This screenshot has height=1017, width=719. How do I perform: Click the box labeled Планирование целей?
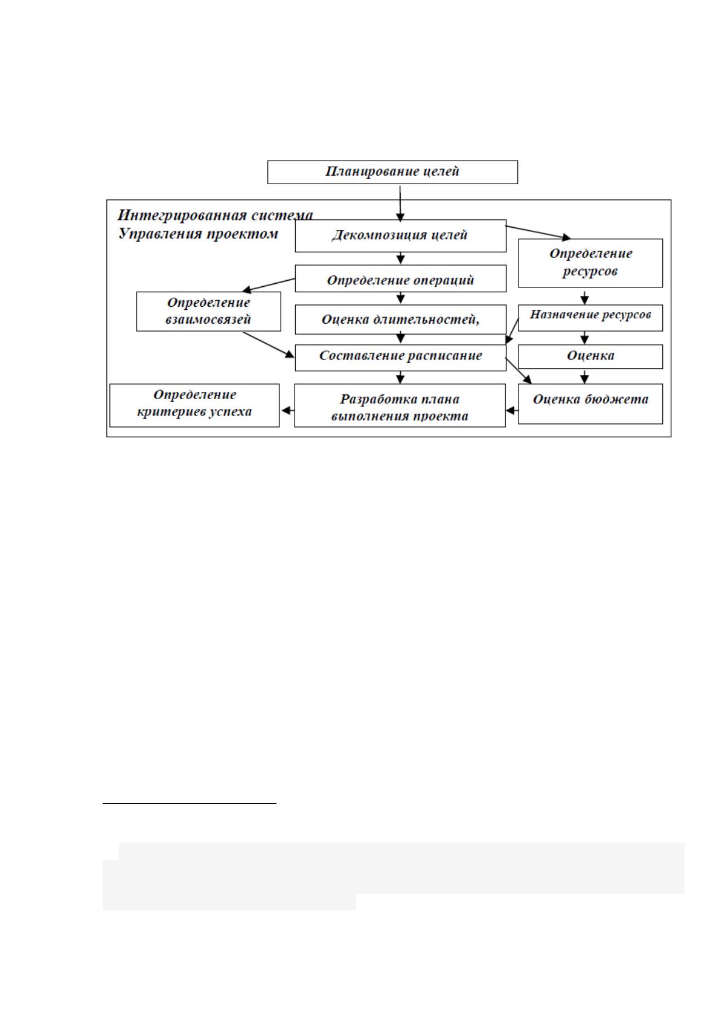click(x=392, y=172)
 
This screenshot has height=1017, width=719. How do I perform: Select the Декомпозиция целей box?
click(x=400, y=236)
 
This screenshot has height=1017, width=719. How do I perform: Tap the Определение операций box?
click(x=400, y=278)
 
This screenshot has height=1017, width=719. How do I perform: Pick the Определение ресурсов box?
click(x=590, y=263)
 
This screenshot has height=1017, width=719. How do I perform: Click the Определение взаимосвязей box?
click(x=208, y=312)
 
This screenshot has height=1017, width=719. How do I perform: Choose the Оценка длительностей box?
click(x=400, y=319)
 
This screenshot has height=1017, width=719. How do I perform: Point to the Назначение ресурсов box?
click(x=590, y=318)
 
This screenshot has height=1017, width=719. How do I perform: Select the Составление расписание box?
click(x=400, y=358)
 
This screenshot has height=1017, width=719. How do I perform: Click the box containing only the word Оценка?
click(x=590, y=356)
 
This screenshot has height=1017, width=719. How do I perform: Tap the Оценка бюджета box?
click(x=590, y=404)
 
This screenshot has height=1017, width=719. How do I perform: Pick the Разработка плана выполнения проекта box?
click(x=400, y=405)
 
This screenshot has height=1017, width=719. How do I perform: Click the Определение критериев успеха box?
click(x=194, y=405)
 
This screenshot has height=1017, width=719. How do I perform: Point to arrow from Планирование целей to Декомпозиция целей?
click(x=400, y=203)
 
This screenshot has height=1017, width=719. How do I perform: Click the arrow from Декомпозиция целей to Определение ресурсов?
click(x=538, y=232)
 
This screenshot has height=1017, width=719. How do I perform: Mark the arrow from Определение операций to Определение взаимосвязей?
click(x=269, y=285)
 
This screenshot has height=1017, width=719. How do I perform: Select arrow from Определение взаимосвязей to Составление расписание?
click(x=269, y=345)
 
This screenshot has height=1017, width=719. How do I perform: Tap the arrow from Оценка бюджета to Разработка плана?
click(x=512, y=411)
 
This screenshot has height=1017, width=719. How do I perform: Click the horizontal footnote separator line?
click(x=190, y=804)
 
